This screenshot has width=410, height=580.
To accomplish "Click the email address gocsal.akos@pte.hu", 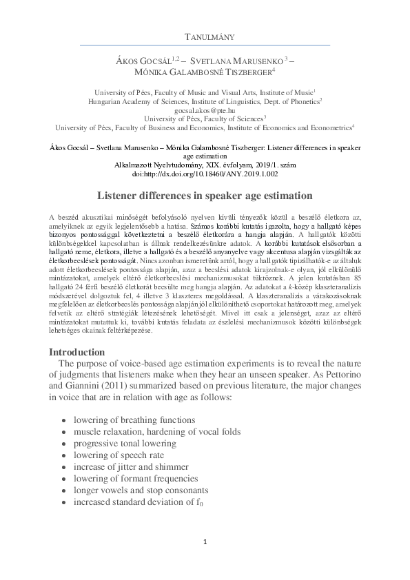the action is [x=205, y=110].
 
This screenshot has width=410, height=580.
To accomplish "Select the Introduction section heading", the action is [x=76, y=352].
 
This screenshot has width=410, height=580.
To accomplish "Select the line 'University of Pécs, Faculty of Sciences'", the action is [x=205, y=118].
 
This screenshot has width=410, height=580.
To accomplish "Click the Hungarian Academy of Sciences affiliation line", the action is [x=205, y=101].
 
